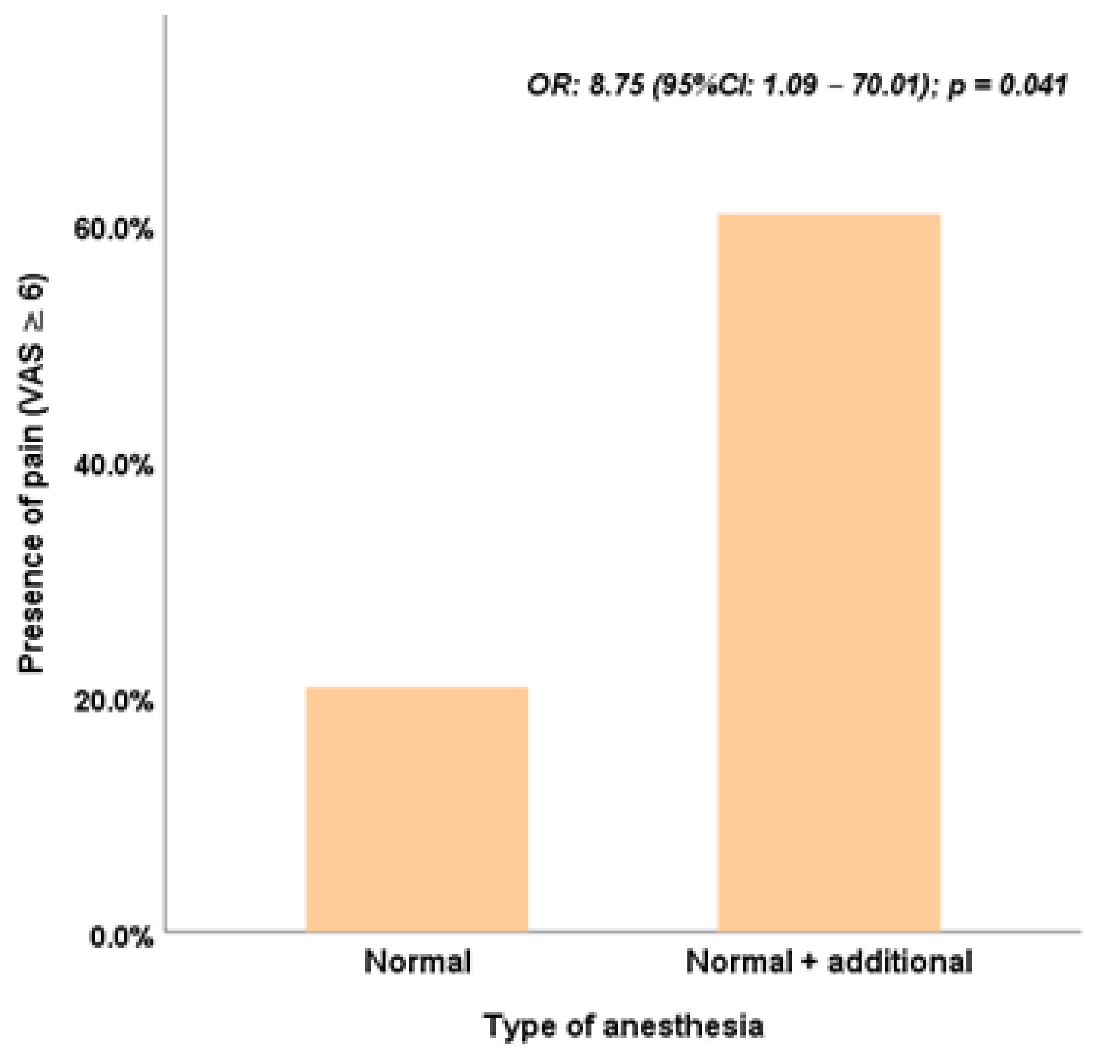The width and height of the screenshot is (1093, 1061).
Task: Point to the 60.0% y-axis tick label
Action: click(x=113, y=229)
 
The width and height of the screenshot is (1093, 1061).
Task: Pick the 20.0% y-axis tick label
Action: click(x=113, y=701)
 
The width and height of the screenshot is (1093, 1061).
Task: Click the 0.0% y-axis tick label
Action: click(x=121, y=937)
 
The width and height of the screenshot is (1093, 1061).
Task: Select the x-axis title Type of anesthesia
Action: click(x=623, y=1026)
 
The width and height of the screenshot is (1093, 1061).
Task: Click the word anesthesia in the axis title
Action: click(x=683, y=1026)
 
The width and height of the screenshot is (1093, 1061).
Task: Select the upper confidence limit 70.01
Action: click(x=885, y=85)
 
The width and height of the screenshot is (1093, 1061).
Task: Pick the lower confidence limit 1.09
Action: click(x=789, y=85)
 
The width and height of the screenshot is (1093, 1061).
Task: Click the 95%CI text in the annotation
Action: click(x=708, y=85)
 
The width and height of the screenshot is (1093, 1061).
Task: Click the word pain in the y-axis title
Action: click(x=31, y=450)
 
